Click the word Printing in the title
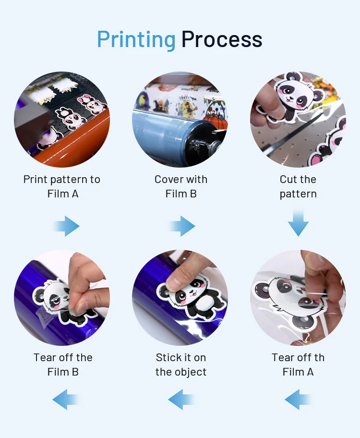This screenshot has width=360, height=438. click(136, 40)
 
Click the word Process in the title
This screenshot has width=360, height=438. click(222, 39)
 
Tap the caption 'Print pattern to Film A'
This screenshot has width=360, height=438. click(62, 187)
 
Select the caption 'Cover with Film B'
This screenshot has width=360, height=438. click(181, 187)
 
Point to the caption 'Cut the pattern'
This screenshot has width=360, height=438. click(298, 187)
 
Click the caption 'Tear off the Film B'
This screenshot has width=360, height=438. click(63, 365)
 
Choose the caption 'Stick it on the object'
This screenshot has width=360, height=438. click(181, 365)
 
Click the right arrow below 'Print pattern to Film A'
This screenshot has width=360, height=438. click(66, 226)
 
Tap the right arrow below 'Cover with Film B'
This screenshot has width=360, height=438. click(181, 226)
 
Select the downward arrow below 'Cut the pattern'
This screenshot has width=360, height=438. click(298, 223)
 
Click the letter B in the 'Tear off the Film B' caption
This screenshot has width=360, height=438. click(75, 372)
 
